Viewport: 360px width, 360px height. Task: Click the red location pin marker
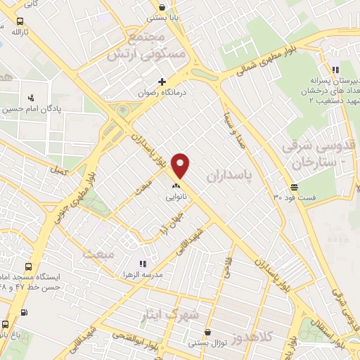pyautogui.click(x=181, y=166)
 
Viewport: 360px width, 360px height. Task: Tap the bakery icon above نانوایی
pyautogui.click(x=176, y=186)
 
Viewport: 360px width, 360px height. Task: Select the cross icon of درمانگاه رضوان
pyautogui.click(x=162, y=82)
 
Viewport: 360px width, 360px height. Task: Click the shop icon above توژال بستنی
pyautogui.click(x=207, y=333)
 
